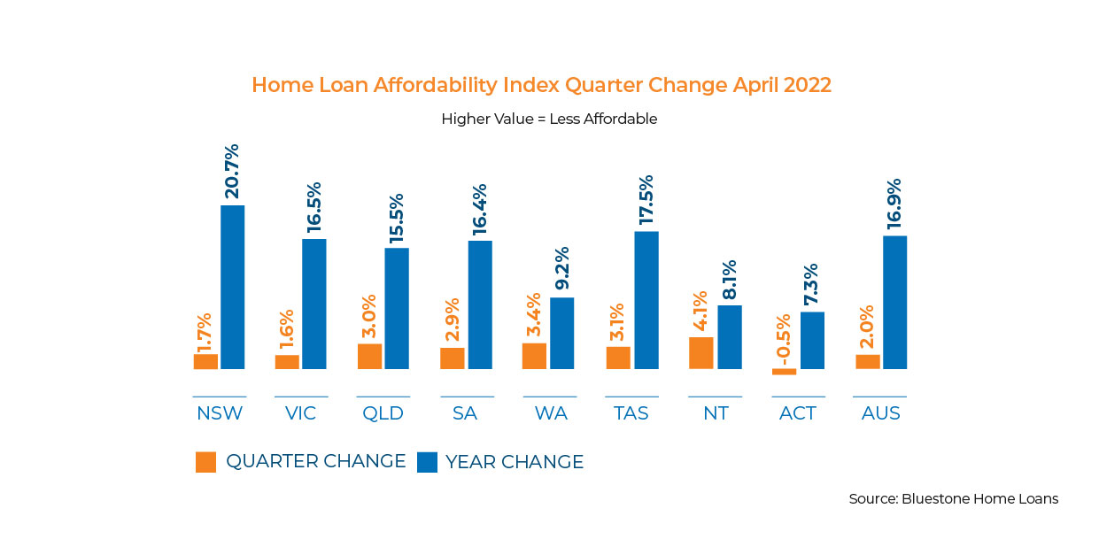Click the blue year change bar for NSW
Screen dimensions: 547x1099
tap(232, 287)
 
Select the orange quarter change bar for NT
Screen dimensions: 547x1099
tap(700, 352)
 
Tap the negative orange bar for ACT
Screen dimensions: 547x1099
tap(784, 372)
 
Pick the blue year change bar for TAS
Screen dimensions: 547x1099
tap(646, 300)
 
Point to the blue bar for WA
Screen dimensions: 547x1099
tap(562, 333)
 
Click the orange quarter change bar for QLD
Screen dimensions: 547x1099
tap(369, 356)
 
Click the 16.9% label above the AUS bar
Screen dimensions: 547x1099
tap(895, 201)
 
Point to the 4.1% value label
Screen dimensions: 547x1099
tap(701, 310)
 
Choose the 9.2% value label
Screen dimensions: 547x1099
tap(562, 269)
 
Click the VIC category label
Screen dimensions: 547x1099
tap(301, 413)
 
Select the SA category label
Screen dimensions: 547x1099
tap(467, 413)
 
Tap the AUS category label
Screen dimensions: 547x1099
tap(880, 413)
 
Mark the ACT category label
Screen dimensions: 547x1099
tap(798, 413)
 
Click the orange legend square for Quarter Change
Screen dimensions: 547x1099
tap(205, 462)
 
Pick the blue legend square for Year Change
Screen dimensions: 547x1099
tap(427, 462)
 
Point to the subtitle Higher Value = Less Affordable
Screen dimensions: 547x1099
tap(549, 119)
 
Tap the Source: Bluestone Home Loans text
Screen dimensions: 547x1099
tap(953, 498)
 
